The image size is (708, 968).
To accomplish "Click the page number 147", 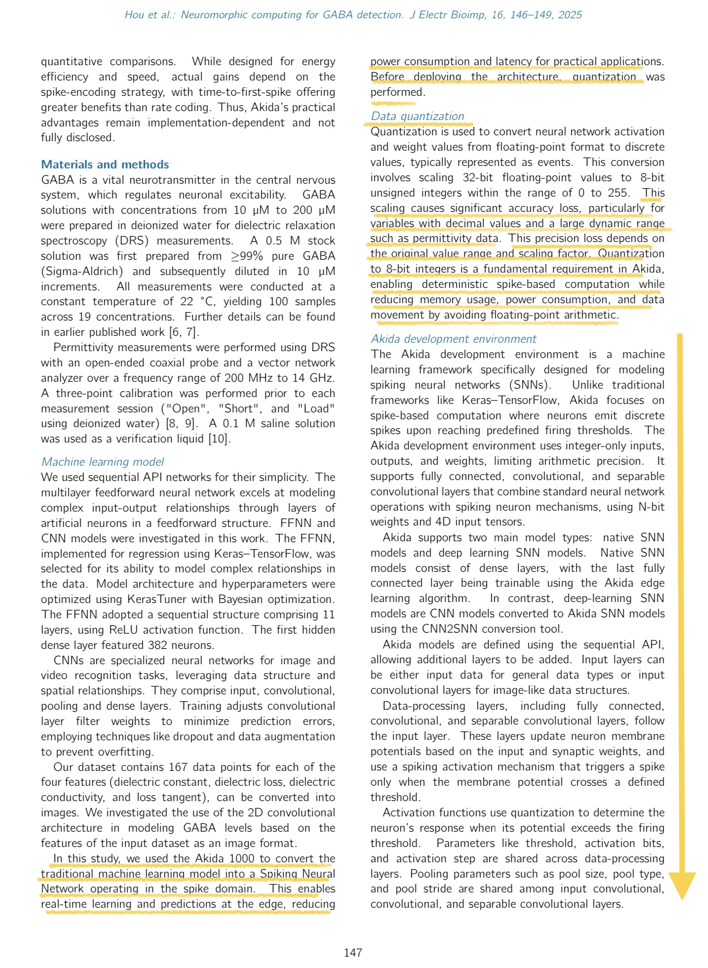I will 353,953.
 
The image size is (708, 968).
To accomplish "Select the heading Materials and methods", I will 105,164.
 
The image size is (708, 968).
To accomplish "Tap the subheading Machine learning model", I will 103,462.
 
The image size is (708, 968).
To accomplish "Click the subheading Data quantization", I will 417,116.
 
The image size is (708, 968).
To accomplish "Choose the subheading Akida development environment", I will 453,339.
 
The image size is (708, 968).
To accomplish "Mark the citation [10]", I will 219,439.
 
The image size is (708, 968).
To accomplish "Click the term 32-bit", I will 478,177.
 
